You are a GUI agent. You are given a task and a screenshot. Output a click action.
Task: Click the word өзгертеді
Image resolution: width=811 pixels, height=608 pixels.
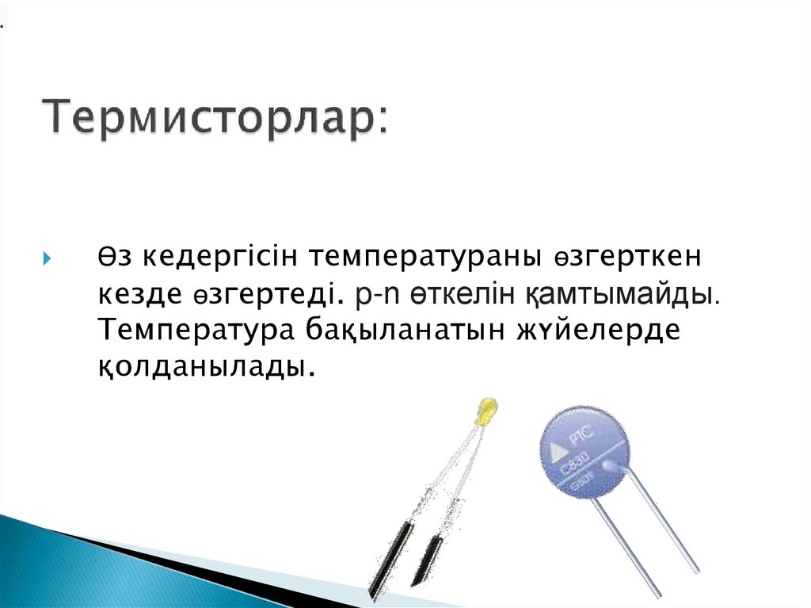(276, 295)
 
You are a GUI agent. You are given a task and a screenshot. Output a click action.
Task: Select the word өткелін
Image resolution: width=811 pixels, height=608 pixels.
(461, 295)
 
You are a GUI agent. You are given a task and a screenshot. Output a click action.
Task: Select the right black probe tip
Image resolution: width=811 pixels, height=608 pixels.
(428, 559)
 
